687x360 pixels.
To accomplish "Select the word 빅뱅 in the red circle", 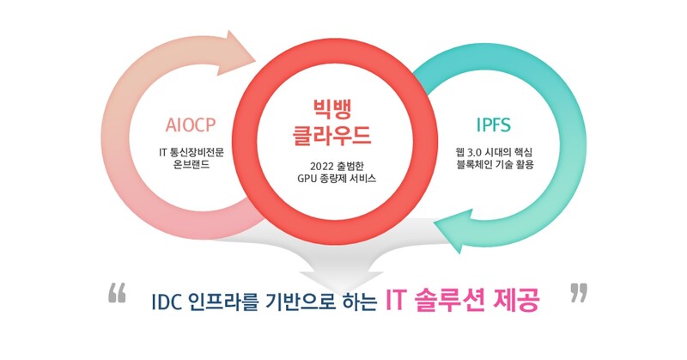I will coord(337,109).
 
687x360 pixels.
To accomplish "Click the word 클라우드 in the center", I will coord(337,135).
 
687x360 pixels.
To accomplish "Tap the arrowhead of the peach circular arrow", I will coord(245,49).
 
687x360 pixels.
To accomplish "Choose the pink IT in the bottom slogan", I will coord(395,301).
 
